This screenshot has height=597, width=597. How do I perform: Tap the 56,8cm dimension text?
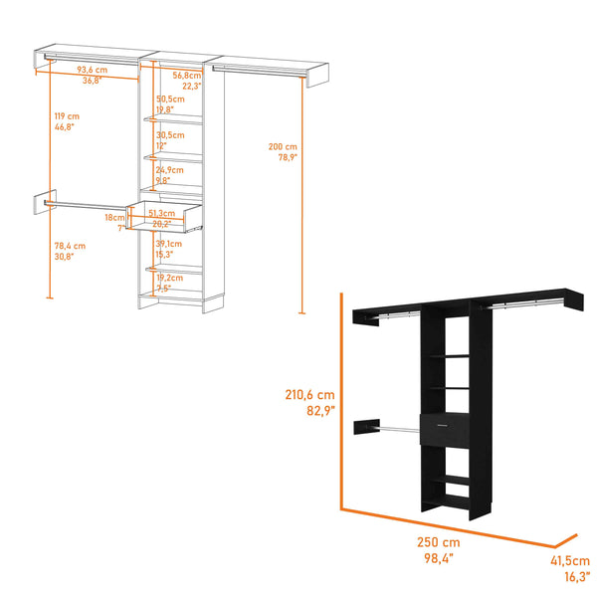click(x=186, y=75)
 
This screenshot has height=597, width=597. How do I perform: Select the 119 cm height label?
click(x=66, y=116)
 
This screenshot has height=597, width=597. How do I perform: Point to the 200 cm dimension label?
click(x=282, y=145)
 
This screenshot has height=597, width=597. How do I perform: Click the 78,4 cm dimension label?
click(x=71, y=245)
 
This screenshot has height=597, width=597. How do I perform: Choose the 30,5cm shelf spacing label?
click(x=169, y=134)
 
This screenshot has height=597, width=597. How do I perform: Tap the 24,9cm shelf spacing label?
click(x=169, y=170)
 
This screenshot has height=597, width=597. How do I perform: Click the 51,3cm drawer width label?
click(x=161, y=214)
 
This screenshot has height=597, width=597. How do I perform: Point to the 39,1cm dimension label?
click(x=169, y=244)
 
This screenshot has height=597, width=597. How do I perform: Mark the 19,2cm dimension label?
click(x=169, y=279)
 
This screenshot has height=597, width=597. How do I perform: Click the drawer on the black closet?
click(x=448, y=430)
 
